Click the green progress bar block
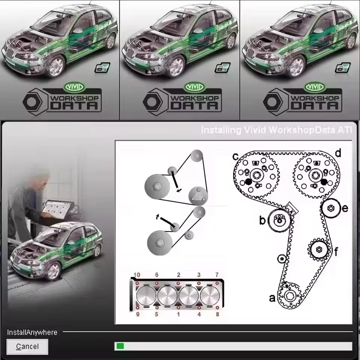(x=120, y=346)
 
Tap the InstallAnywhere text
(x=32, y=332)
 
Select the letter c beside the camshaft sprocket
(x=235, y=156)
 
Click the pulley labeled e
(x=331, y=208)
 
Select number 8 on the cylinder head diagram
(x=217, y=314)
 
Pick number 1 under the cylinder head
(x=178, y=314)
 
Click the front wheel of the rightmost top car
(x=295, y=67)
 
